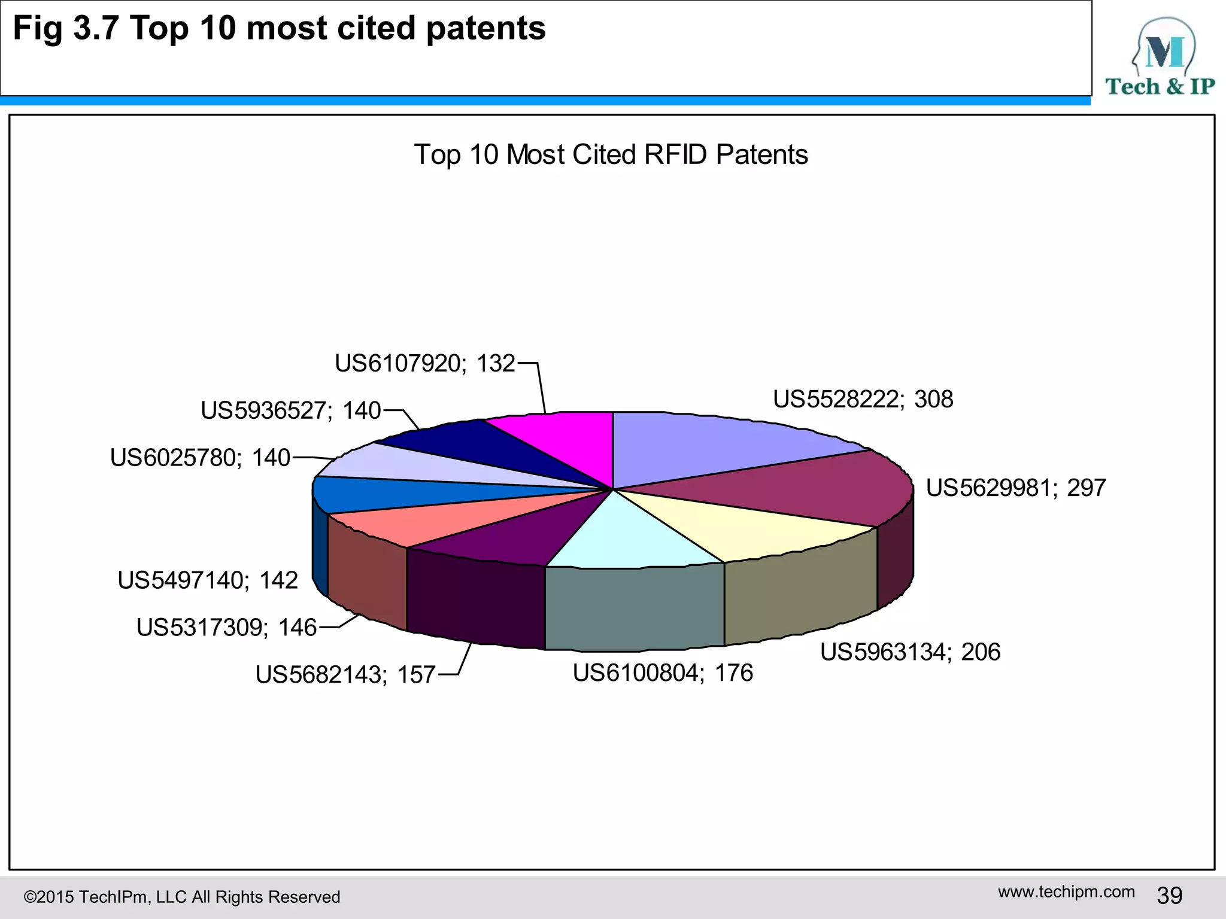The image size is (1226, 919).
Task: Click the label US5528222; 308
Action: pos(863,399)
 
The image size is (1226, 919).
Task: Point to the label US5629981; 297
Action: pos(1015,488)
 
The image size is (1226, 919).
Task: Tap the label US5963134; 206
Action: pos(910,652)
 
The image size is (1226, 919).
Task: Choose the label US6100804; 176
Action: pos(663,673)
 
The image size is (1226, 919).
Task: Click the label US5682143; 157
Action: pos(345,675)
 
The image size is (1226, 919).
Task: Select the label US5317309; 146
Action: pos(226,628)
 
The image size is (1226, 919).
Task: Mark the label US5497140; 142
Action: pos(208,580)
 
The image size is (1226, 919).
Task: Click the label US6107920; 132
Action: pos(424,363)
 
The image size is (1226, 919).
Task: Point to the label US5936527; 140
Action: pos(291,410)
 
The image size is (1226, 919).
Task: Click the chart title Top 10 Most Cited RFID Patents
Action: pos(611,154)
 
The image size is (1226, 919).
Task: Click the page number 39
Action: pos(1169,896)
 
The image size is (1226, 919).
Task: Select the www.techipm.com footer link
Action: pos(1066,892)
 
